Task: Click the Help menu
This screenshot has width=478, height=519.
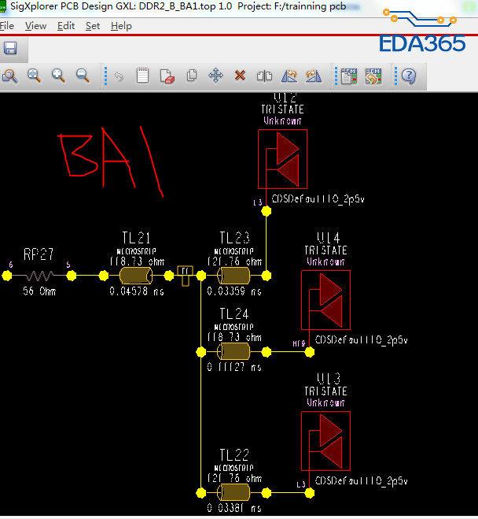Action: click(121, 26)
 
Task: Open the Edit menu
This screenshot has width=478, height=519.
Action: click(66, 26)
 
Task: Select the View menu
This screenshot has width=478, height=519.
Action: click(35, 26)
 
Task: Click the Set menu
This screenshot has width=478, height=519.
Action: click(93, 26)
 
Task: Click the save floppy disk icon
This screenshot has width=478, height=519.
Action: click(10, 49)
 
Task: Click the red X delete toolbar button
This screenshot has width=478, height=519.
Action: click(240, 76)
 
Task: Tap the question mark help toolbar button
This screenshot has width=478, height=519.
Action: click(409, 76)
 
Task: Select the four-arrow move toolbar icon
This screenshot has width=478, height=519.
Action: click(215, 76)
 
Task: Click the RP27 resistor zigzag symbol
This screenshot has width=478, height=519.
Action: click(39, 276)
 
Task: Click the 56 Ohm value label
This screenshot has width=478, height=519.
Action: click(39, 291)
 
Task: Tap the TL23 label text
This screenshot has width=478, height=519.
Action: click(234, 238)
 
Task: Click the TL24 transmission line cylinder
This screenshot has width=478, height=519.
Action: click(234, 351)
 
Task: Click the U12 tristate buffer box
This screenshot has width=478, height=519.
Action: click(282, 158)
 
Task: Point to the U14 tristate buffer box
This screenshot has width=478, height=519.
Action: click(325, 300)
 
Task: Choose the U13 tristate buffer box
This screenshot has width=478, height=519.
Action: click(325, 441)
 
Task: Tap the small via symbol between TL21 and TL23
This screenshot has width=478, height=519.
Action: click(186, 275)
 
